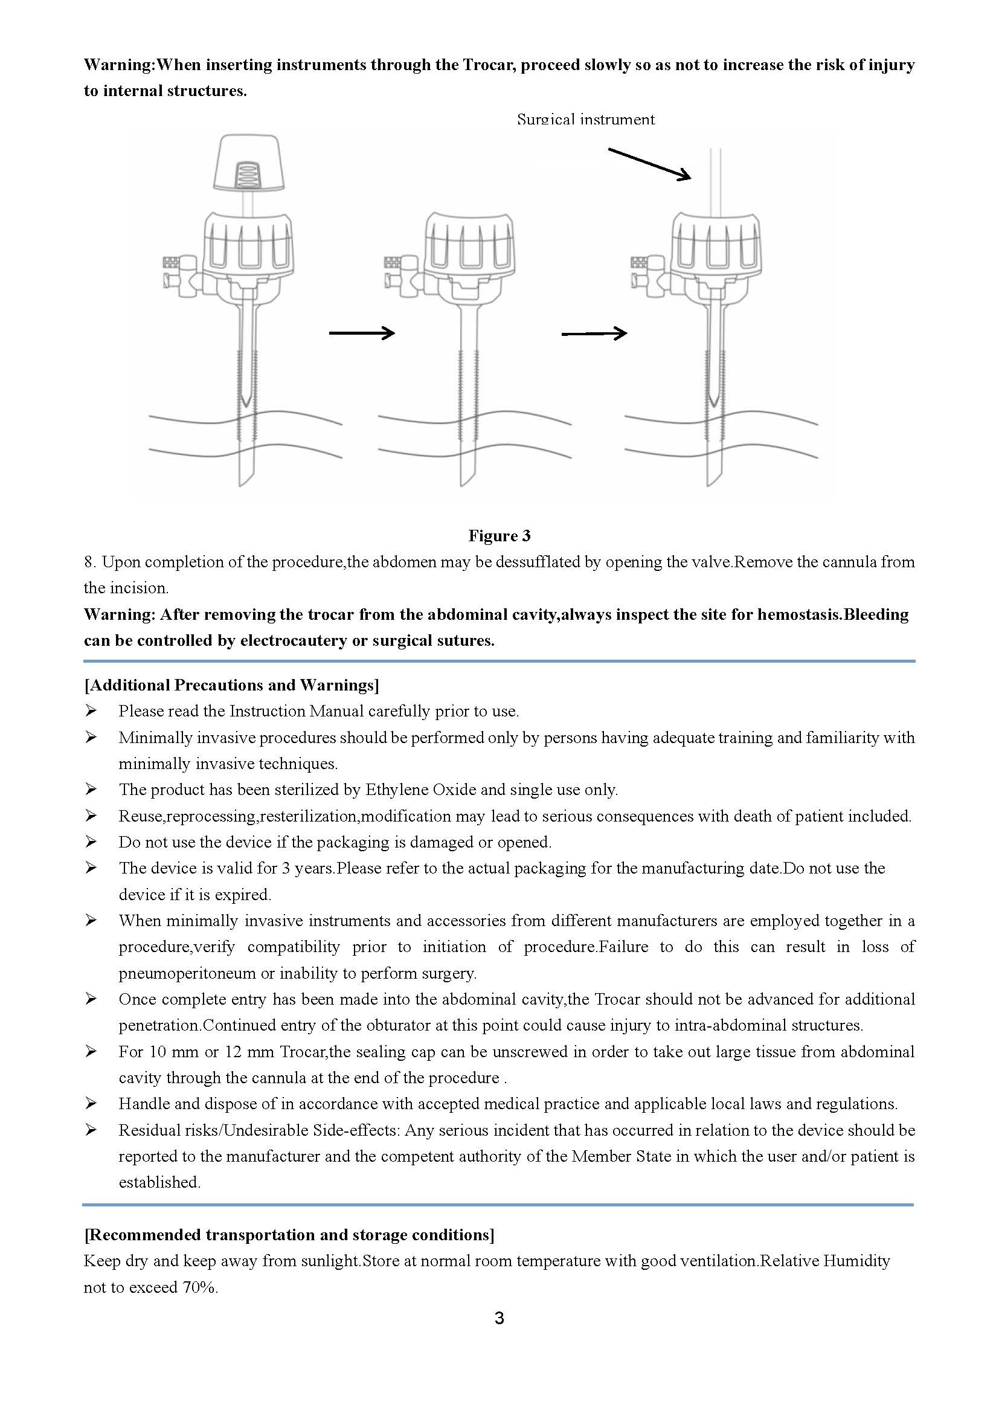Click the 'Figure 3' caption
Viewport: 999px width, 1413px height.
[x=499, y=535]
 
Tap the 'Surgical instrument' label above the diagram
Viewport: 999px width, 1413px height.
[x=586, y=120]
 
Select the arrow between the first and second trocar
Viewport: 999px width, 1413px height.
[x=362, y=333]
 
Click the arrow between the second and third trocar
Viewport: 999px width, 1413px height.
[x=594, y=333]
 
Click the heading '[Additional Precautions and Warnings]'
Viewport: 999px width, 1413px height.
[x=231, y=685]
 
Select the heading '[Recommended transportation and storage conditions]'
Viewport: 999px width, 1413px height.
[x=289, y=1235]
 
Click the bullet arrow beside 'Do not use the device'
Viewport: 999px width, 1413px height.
[x=91, y=842]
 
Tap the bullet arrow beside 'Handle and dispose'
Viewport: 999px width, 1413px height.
[x=91, y=1104]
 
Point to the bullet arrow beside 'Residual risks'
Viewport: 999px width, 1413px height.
[x=91, y=1130]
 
